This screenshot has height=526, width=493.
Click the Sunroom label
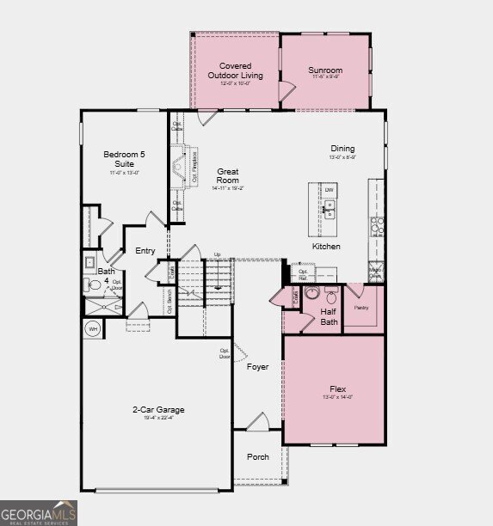(325, 70)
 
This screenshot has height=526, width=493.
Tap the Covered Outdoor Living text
(235, 70)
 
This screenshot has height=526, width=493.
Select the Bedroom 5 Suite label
(119, 158)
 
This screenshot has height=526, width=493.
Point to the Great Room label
(227, 175)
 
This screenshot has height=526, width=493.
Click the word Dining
(342, 149)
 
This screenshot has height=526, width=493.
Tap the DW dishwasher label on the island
(329, 190)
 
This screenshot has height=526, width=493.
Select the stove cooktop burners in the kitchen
(376, 225)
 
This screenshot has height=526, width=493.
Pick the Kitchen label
(326, 247)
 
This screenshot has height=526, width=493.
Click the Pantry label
(362, 307)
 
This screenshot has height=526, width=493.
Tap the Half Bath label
(328, 317)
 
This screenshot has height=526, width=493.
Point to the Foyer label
(257, 367)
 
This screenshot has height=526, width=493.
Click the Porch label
(257, 457)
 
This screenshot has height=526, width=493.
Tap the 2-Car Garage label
(157, 410)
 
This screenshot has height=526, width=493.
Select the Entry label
(145, 251)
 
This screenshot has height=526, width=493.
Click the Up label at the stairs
(217, 254)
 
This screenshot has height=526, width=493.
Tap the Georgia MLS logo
(39, 512)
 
